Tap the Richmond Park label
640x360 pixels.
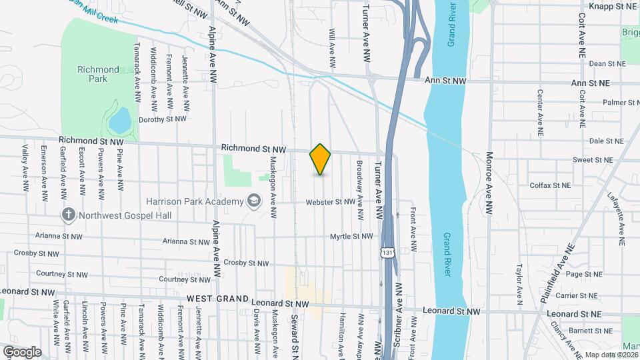coord(98,74)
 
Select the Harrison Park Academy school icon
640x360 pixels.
coord(253,200)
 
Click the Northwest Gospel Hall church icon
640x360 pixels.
coord(67,215)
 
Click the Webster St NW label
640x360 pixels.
coord(330,202)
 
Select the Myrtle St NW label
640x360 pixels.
coord(351,237)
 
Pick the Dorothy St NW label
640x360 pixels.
coord(163,119)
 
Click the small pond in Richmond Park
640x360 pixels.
coord(119,121)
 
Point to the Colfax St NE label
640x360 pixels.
coord(550,185)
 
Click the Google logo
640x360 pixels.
coord(21,351)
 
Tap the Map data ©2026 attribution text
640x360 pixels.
coord(611,355)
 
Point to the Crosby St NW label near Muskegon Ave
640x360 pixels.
coord(246,263)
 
